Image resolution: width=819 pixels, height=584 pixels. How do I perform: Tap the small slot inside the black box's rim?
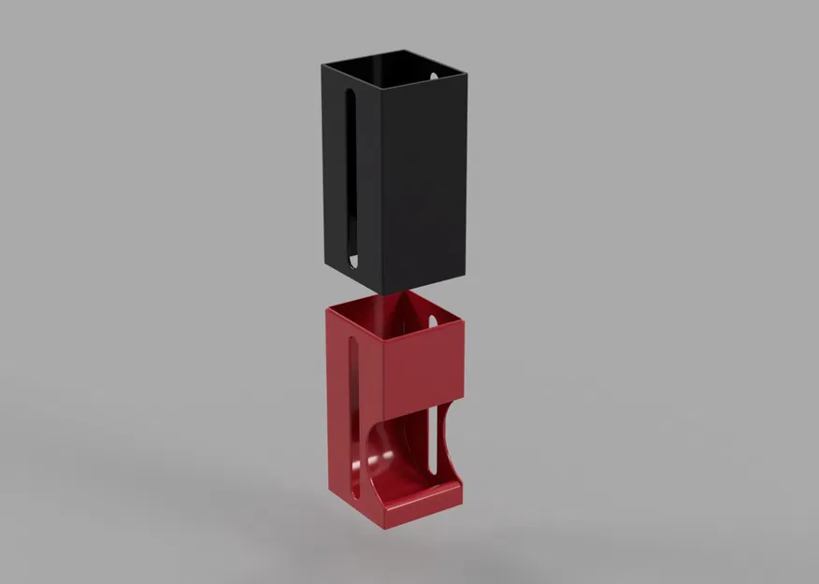pos(434,74)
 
